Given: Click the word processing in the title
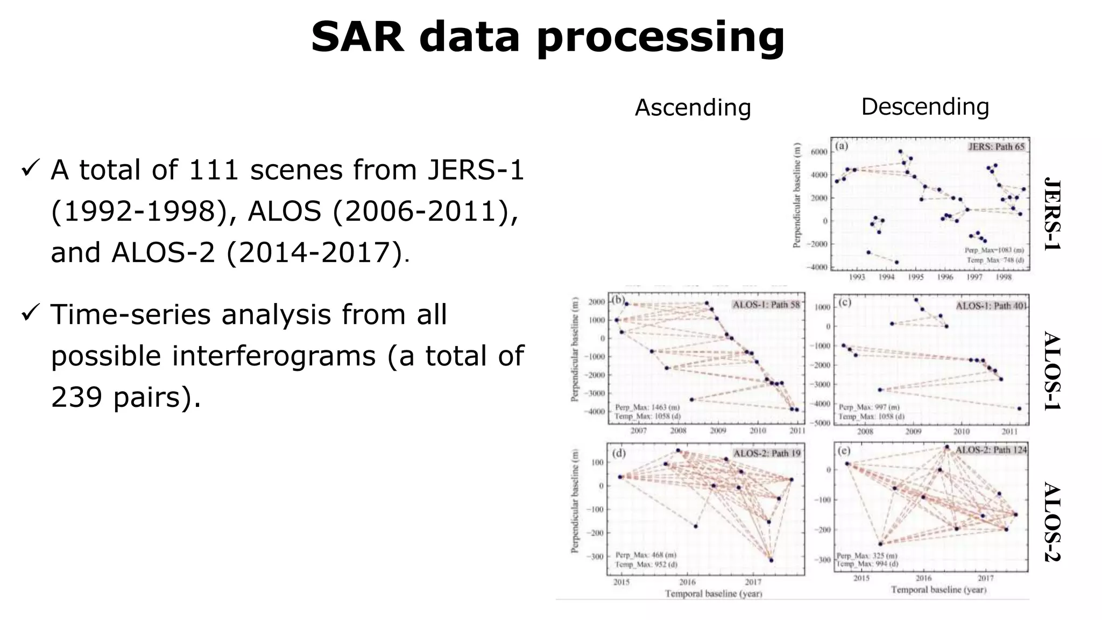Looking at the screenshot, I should click(660, 38).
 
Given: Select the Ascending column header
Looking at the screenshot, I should click(693, 108).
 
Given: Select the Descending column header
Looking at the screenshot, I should click(925, 107).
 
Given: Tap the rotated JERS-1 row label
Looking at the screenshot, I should click(1052, 214).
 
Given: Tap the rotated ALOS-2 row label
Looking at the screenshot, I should click(1052, 522).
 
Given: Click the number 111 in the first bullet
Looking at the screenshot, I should click(213, 170).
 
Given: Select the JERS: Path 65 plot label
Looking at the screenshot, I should click(997, 146).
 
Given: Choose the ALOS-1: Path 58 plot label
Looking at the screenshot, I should click(766, 305).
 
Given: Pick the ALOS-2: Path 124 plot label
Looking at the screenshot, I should click(991, 449).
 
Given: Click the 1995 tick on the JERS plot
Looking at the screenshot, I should click(916, 277).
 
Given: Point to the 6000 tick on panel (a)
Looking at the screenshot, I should click(818, 152).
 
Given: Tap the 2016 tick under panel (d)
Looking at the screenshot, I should click(687, 582).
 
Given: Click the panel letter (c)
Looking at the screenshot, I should click(845, 302).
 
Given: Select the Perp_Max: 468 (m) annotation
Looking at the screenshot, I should click(646, 555).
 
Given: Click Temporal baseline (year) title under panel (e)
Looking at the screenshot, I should click(938, 590).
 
